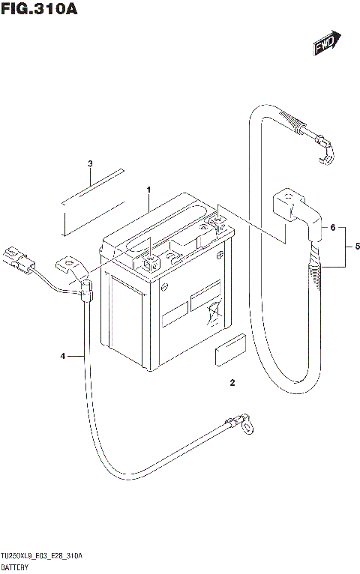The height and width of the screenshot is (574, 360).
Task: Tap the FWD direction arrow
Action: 327,44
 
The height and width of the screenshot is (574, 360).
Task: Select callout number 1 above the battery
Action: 148,189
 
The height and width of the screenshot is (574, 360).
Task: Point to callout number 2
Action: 232,384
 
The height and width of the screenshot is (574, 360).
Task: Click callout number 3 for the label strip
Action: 89,163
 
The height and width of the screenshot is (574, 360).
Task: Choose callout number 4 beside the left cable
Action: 63,355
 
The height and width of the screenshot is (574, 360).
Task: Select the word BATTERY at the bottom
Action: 16,567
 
